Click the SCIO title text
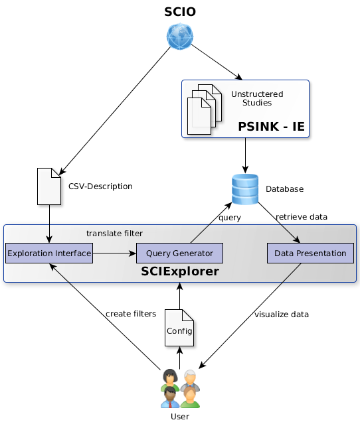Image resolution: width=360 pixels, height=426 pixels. click(180, 12)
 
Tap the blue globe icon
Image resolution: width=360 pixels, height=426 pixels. click(180, 36)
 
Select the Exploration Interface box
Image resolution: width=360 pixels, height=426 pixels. click(49, 253)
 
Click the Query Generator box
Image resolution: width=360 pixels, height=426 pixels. click(179, 253)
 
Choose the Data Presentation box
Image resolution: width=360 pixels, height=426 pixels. click(310, 253)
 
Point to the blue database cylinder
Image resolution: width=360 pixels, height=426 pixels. click(245, 189)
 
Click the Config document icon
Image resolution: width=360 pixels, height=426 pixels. click(179, 328)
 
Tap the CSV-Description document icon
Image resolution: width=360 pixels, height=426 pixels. click(49, 186)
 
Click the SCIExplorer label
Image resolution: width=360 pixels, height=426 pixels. click(180, 271)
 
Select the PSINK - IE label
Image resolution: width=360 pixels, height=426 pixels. click(271, 127)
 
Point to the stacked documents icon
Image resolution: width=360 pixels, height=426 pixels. click(205, 109)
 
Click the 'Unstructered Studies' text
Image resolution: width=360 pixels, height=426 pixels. click(257, 98)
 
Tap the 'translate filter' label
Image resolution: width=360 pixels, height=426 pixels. click(114, 234)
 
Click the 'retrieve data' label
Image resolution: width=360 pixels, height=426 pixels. click(302, 217)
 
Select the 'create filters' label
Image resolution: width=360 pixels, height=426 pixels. click(131, 314)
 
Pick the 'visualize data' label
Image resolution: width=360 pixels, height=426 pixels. click(282, 315)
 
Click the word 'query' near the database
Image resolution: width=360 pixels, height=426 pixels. click(230, 218)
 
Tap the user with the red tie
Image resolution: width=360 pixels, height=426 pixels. click(170, 397)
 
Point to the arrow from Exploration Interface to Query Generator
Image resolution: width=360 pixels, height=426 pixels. click(114, 253)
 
